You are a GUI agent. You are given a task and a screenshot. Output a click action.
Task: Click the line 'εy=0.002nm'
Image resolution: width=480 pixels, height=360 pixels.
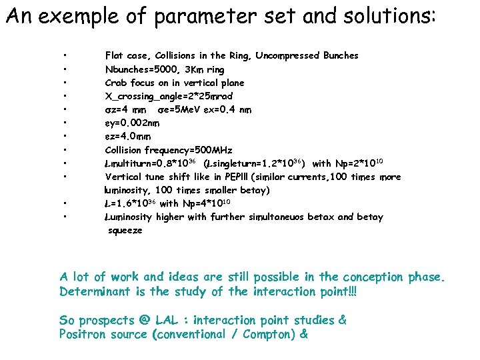click(131, 123)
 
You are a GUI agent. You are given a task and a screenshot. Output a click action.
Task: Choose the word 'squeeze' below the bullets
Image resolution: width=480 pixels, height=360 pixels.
click(125, 230)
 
